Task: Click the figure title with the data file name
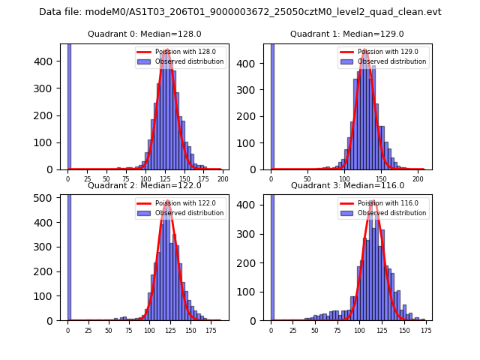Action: (240, 12)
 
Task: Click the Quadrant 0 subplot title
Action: (143, 34)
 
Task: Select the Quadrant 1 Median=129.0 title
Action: (346, 34)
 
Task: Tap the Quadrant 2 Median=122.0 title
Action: (143, 185)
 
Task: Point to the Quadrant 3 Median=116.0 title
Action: (346, 185)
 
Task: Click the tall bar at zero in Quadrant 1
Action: (271, 105)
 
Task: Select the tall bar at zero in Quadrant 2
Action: (68, 255)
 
